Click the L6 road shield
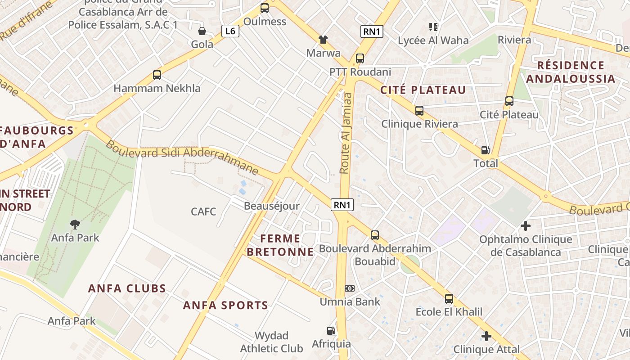coord(230,31)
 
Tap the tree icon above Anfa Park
coord(75,224)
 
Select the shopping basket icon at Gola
coord(202,31)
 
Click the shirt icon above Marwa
coord(323,40)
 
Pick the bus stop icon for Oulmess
coord(265,8)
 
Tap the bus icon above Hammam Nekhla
coord(157,75)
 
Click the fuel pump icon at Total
coord(485,150)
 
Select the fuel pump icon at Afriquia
coord(331,331)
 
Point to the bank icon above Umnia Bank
coord(350,288)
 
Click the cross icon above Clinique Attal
coord(486,336)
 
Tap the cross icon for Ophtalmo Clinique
coord(525,225)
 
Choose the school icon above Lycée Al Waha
coord(433,27)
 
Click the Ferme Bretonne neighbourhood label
coord(280,245)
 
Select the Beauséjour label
coord(271,206)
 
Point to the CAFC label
coord(203,211)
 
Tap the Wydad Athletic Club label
coord(271,342)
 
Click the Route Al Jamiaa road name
coord(346,134)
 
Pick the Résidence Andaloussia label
coord(570,72)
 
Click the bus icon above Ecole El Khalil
coord(449,298)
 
